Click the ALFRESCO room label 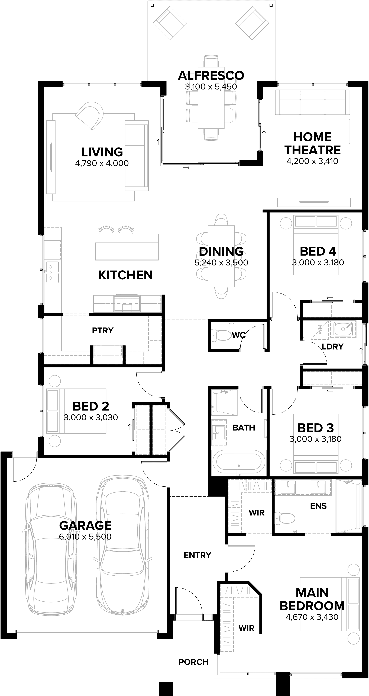click(x=211, y=76)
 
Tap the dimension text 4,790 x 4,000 click(x=102, y=163)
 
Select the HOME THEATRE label click(x=313, y=143)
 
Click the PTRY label click(x=103, y=330)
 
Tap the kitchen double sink click(x=52, y=272)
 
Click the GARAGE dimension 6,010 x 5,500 click(x=85, y=537)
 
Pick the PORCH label click(x=193, y=662)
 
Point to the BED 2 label click(x=91, y=406)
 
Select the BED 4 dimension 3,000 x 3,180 click(x=318, y=262)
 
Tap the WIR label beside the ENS click(x=256, y=512)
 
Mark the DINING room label click(x=221, y=251)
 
